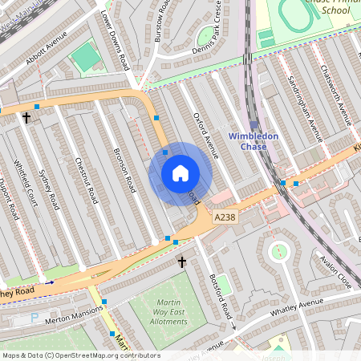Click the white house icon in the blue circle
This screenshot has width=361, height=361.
coord(180,173)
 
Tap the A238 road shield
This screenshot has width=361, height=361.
coord(225,217)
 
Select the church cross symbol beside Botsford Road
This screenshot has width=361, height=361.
coord(181,262)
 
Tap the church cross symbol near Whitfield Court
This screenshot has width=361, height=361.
coord(26,118)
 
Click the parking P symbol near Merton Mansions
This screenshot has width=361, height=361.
coord(34,318)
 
